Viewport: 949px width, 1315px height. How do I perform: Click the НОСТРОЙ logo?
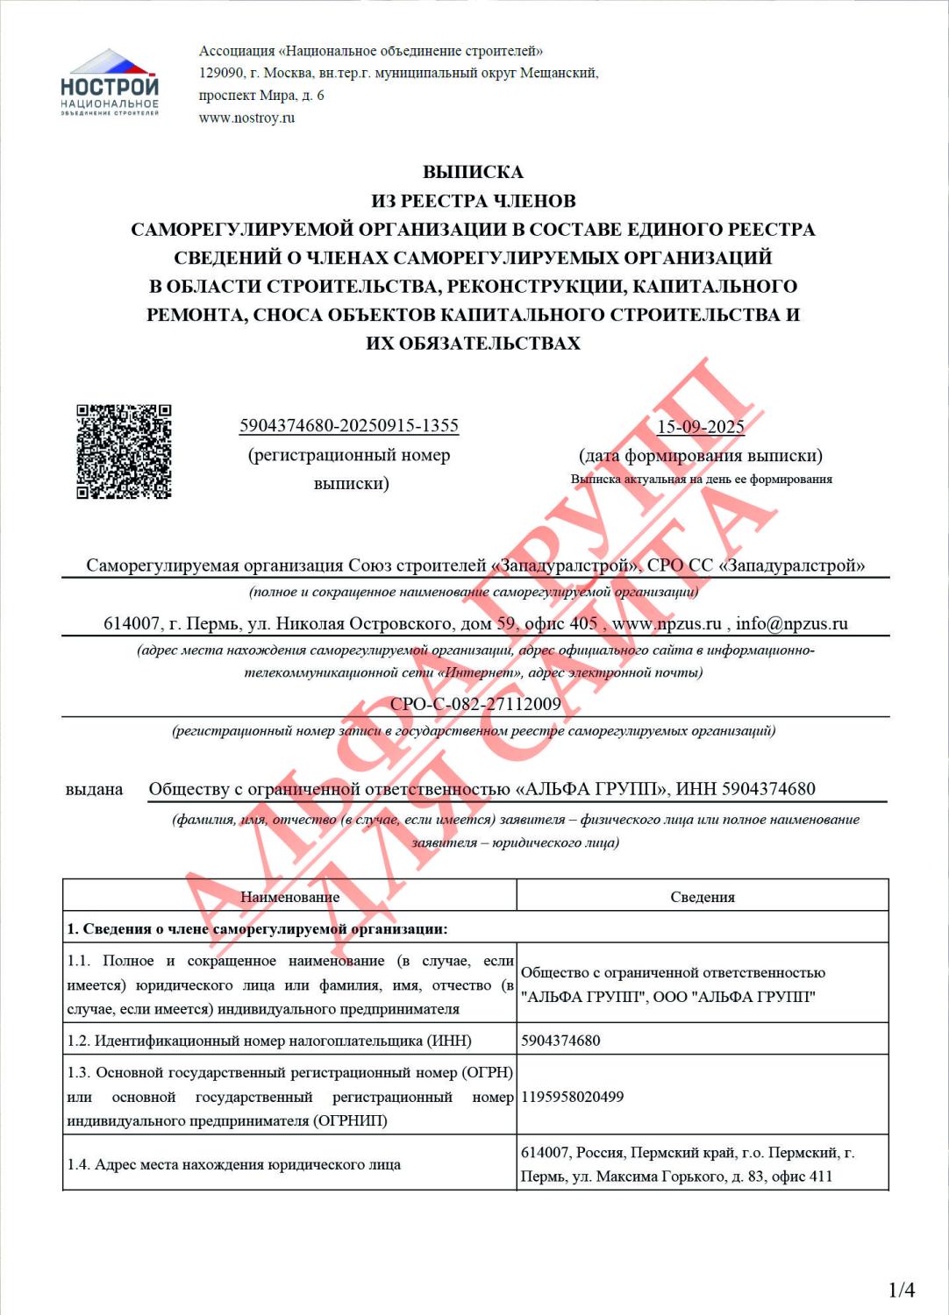tap(110, 83)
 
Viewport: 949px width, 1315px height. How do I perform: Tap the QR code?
tap(124, 451)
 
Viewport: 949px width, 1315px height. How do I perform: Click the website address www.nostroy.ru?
tap(246, 117)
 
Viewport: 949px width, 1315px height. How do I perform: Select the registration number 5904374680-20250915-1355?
tap(349, 426)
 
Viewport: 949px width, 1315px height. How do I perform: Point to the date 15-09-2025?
tap(701, 427)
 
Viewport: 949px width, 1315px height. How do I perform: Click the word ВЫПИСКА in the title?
tap(473, 172)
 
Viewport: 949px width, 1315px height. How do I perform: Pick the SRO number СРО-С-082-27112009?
tap(475, 704)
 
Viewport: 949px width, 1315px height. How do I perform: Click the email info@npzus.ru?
tap(791, 623)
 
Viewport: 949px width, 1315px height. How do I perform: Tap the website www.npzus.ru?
tap(667, 623)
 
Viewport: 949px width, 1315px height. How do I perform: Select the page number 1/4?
tap(902, 1290)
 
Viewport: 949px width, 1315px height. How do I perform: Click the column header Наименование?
tap(289, 897)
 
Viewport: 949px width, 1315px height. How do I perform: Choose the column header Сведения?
tap(703, 897)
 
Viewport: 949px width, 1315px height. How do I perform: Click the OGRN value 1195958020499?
tap(572, 1097)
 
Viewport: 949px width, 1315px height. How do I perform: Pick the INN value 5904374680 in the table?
tap(560, 1041)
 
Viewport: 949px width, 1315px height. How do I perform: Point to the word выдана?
tap(94, 789)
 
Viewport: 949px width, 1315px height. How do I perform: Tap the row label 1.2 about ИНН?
tap(269, 1041)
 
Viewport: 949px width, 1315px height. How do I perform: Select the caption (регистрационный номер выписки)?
tap(349, 469)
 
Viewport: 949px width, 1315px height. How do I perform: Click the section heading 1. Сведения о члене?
tap(257, 928)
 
